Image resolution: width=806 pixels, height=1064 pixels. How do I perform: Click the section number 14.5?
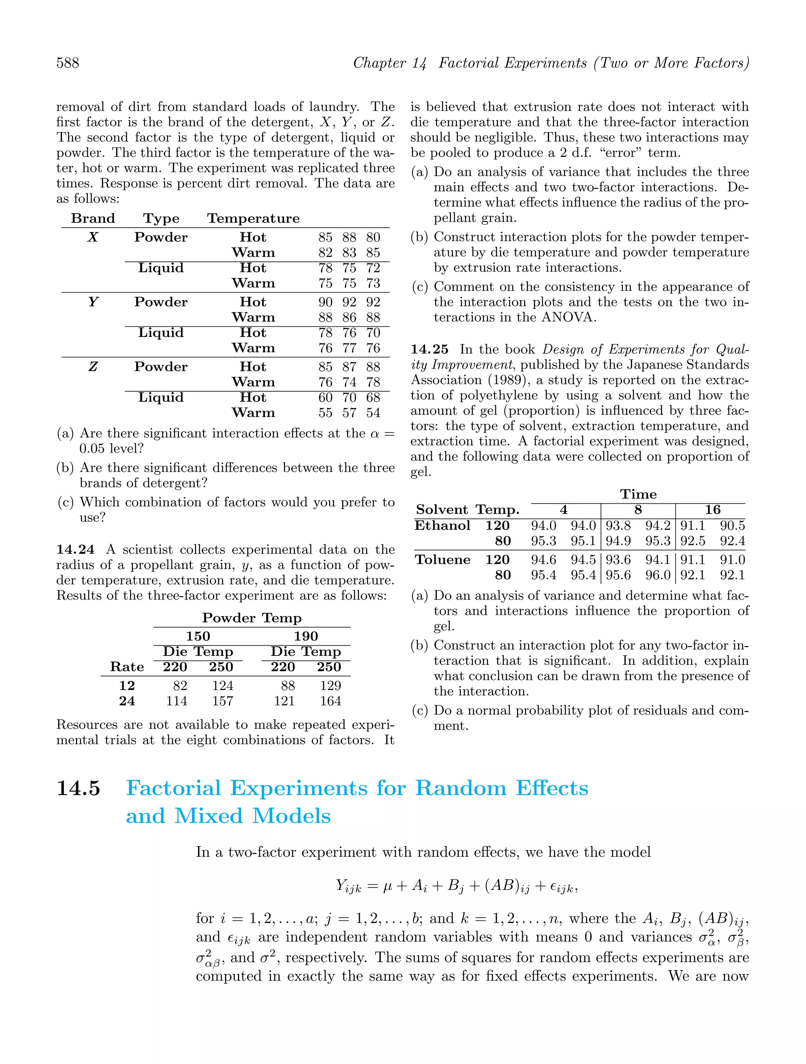point(78,788)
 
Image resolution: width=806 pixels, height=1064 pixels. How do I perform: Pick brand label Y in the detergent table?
point(93,302)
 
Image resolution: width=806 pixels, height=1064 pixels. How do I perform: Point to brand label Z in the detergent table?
point(93,367)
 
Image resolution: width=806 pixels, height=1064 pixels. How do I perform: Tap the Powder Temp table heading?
point(252,618)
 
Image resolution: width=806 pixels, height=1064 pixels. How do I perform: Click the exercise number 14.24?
point(75,549)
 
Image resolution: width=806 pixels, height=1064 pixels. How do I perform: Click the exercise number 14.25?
point(429,349)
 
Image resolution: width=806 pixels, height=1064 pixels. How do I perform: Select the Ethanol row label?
point(442,525)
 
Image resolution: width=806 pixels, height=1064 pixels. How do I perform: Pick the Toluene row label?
point(442,560)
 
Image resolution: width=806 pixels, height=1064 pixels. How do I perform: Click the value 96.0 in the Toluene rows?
point(658,575)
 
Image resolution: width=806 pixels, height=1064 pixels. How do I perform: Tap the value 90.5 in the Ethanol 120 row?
point(732,526)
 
